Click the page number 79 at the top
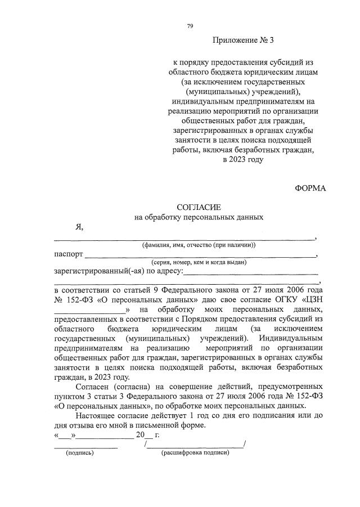190,26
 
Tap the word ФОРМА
310,187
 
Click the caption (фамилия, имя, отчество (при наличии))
198,245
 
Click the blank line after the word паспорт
200,257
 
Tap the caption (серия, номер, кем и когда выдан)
198,263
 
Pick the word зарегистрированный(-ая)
93,271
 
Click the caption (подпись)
80,452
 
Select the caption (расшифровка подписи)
195,452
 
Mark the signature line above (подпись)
85,447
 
